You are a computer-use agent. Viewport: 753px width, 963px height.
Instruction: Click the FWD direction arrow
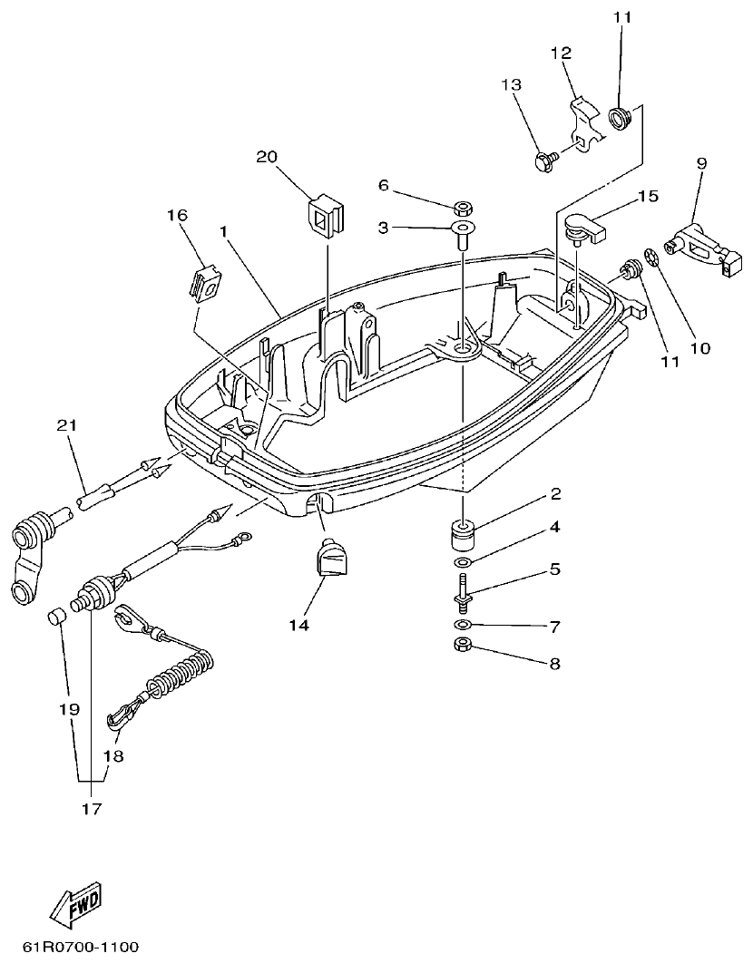(x=75, y=906)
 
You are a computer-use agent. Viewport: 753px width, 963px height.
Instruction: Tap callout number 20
(x=265, y=158)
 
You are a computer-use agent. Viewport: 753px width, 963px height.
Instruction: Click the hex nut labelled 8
(x=461, y=647)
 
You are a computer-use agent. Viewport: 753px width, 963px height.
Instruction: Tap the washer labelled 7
(x=463, y=626)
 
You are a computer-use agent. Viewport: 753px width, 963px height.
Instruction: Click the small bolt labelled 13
(x=543, y=162)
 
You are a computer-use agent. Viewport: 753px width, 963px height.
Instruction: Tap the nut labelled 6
(x=461, y=207)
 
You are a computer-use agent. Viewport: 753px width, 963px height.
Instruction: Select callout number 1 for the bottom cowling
(x=223, y=231)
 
